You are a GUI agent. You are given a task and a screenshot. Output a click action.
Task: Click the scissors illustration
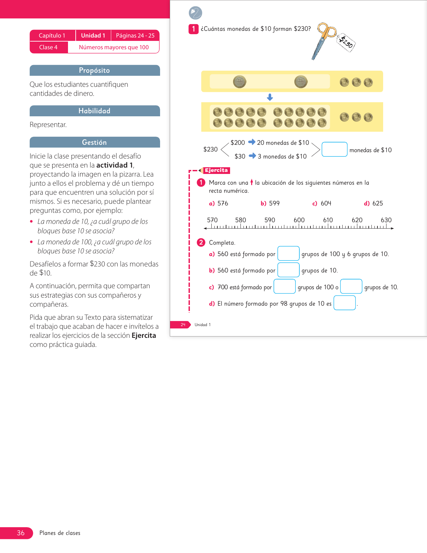pos(322,40)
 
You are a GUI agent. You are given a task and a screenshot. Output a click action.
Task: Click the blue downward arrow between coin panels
pos(270,97)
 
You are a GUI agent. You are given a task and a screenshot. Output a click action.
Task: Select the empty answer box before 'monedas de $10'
pos(334,149)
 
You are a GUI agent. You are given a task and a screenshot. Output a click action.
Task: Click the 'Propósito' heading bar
pos(94,70)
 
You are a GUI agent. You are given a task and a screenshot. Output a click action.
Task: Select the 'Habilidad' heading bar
pos(94,111)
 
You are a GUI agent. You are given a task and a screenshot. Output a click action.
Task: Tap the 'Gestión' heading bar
pos(94,142)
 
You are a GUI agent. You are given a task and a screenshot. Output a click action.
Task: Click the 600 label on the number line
pos(299,220)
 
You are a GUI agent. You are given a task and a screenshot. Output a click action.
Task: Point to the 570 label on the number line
pos(212,220)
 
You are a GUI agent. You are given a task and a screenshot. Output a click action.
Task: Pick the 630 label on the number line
pos(386,220)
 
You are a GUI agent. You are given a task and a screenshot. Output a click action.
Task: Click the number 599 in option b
pos(274,203)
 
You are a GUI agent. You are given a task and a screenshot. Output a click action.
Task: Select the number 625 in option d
pos(377,203)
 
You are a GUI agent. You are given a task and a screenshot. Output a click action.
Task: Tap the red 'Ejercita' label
pos(216,170)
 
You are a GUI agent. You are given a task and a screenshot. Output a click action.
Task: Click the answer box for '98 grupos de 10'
pos(344,303)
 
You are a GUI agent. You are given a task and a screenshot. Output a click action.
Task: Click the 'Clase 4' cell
pos(49,47)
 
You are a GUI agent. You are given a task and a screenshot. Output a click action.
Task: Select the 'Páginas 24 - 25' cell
pos(135,36)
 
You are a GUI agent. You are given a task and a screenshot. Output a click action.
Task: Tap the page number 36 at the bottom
pos(21,533)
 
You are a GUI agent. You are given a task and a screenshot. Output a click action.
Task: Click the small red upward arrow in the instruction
pos(252,182)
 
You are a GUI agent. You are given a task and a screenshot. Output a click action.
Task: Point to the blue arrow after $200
pos(252,142)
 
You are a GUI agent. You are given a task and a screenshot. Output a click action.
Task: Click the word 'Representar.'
pos(48,125)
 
